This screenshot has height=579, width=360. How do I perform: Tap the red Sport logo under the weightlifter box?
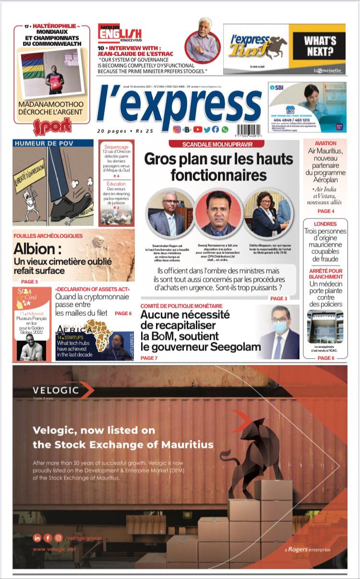[52, 126]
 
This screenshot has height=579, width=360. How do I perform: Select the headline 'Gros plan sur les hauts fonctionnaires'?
[218, 166]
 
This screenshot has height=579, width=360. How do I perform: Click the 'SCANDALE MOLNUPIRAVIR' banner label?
[218, 145]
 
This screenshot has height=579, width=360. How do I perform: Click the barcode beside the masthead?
[253, 129]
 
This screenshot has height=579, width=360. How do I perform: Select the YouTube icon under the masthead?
[198, 130]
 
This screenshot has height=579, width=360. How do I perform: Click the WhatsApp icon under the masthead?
[225, 130]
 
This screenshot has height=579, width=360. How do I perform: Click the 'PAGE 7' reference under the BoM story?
[149, 358]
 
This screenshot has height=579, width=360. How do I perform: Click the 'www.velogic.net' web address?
[54, 549]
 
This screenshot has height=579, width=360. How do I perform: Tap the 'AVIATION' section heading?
[325, 144]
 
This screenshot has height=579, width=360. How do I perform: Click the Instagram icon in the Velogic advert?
[58, 538]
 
